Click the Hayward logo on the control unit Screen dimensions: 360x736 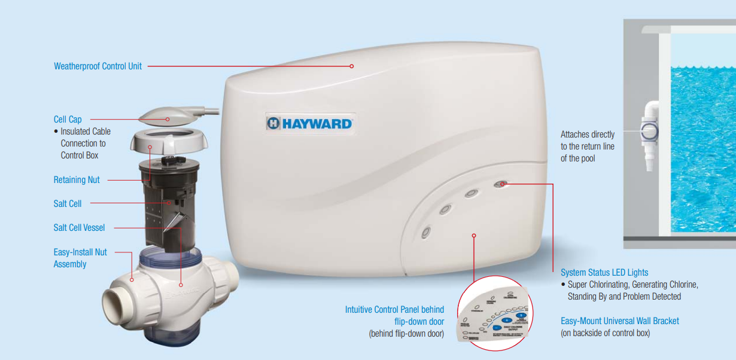click(309, 123)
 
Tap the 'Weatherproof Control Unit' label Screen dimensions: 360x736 click(98, 66)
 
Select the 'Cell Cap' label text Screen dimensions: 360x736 click(68, 120)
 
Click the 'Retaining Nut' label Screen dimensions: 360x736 click(77, 180)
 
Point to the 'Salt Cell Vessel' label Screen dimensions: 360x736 click(79, 228)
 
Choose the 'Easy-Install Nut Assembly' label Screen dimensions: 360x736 click(80, 258)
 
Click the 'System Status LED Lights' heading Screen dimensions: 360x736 click(604, 273)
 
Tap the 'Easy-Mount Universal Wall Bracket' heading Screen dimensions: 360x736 click(620, 321)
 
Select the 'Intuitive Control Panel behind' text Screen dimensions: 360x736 click(394, 310)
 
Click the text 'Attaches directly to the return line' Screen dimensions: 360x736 click(587, 147)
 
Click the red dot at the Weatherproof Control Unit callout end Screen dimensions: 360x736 click(352, 66)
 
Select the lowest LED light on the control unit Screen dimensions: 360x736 click(426, 233)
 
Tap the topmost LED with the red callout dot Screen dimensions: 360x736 click(501, 184)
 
